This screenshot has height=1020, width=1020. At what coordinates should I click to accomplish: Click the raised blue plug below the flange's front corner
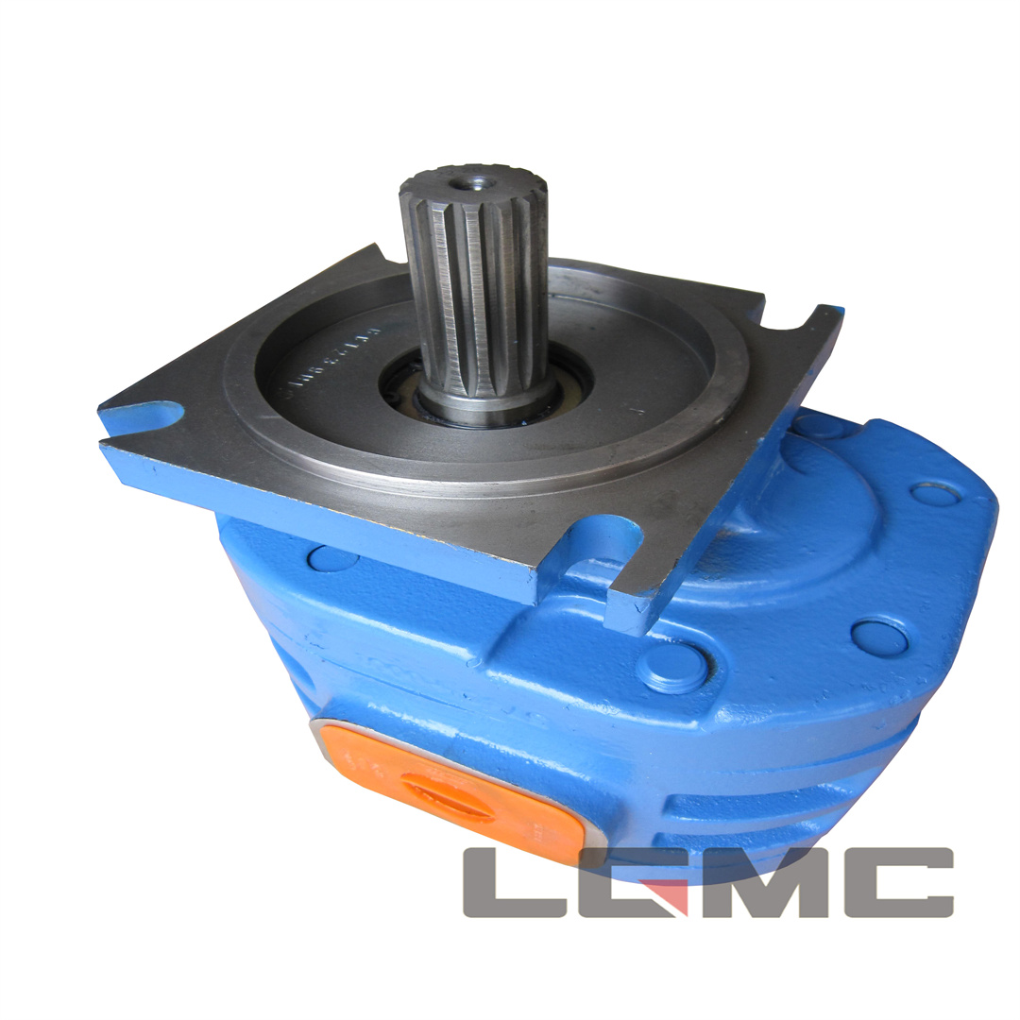(x=672, y=667)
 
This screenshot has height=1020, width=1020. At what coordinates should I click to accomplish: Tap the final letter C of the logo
(x=897, y=882)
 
